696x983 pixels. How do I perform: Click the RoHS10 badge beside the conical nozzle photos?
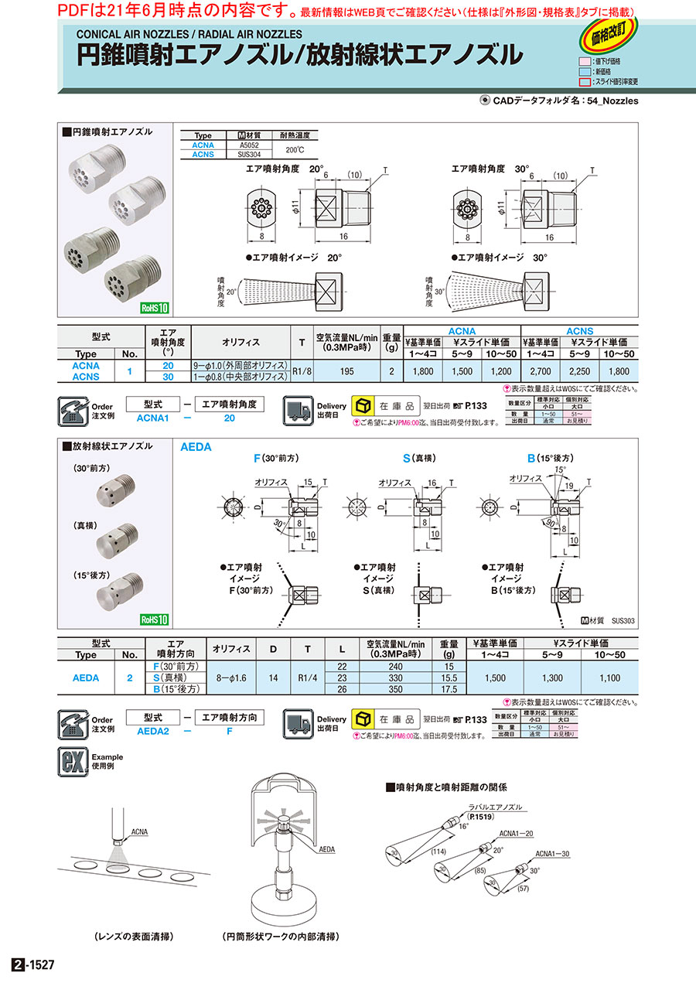[x=155, y=307]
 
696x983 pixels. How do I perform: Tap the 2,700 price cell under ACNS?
[x=541, y=371]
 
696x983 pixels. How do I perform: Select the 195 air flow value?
[x=346, y=371]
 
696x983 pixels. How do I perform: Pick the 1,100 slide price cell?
[x=609, y=678]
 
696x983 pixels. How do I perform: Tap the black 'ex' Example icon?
[x=70, y=762]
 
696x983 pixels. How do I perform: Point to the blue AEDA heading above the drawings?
[x=196, y=448]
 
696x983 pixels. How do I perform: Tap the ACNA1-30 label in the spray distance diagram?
[x=553, y=854]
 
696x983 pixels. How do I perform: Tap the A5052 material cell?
[x=249, y=144]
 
